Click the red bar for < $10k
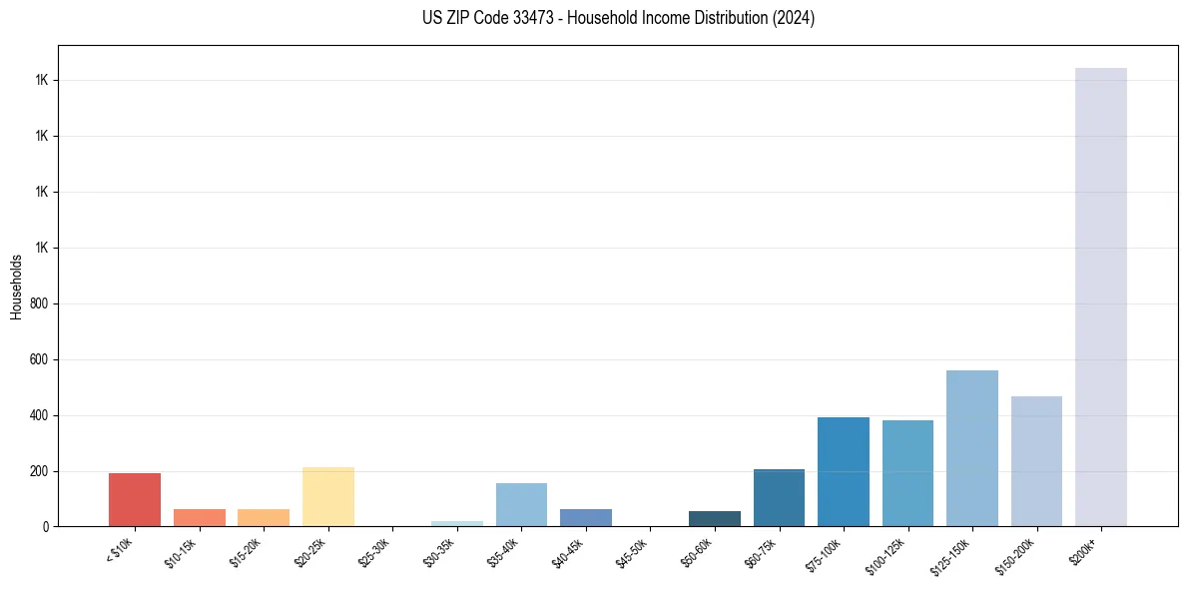coord(135,499)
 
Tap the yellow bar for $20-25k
coord(327,496)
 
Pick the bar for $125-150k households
coord(971,448)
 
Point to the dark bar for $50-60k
coord(715,518)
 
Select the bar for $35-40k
coord(521,504)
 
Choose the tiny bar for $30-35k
coord(457,523)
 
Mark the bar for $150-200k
coord(1036,461)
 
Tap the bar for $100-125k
coord(907,473)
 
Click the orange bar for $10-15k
coord(199,517)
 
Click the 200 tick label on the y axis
coord(39,471)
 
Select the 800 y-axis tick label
coord(39,303)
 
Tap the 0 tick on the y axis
coord(46,527)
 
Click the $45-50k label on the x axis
coord(632,552)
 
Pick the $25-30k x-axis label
coord(374,552)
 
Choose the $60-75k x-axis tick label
coord(761,552)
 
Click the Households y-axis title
coord(16,287)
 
